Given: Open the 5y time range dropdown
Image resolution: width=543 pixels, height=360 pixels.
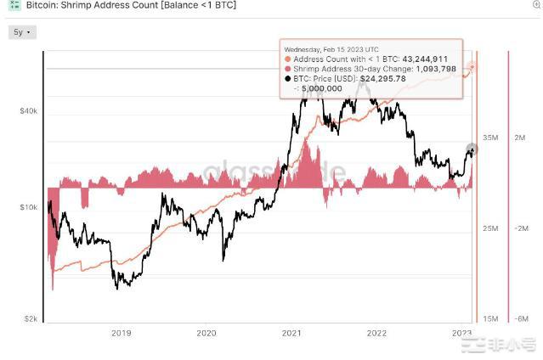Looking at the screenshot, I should (21, 32).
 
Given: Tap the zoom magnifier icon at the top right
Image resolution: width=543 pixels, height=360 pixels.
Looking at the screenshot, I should (535, 5).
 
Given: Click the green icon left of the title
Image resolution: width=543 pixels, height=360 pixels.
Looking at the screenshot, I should (14, 5).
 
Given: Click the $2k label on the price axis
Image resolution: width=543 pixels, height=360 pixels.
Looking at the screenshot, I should (31, 318).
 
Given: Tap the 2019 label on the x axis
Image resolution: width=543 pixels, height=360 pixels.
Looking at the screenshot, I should (122, 333).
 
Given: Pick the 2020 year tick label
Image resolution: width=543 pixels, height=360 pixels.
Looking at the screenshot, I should (206, 333).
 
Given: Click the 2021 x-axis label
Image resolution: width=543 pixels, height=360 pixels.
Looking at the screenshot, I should (291, 333).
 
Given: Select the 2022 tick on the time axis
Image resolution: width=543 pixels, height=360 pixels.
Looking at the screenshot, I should (376, 333).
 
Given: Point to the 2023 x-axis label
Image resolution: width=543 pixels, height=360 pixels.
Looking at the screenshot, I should (461, 333).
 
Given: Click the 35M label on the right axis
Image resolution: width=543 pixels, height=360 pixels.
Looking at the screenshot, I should (490, 137).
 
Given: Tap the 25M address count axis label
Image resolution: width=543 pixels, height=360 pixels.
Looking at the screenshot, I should (490, 229).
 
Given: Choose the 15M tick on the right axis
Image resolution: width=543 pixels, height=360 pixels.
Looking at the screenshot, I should (490, 318).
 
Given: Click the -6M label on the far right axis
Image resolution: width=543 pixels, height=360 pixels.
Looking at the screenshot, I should (520, 318).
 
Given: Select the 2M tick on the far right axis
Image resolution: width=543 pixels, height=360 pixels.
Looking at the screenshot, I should (520, 137).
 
